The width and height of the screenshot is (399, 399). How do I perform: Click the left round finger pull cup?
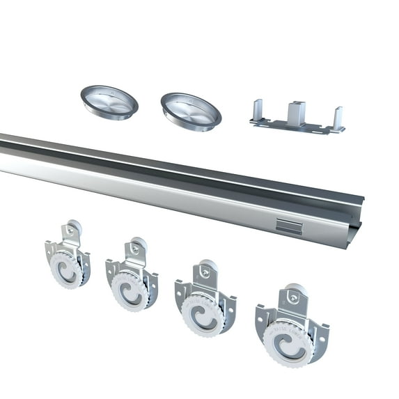click(109, 102)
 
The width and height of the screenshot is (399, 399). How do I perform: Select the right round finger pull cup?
click(191, 109)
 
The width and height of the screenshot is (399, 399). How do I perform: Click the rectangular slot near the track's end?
click(286, 224)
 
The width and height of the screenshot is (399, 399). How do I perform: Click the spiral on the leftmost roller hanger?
click(67, 271)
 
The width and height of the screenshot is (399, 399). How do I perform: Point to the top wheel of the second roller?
click(139, 245)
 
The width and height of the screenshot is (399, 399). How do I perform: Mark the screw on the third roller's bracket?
click(205, 272)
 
